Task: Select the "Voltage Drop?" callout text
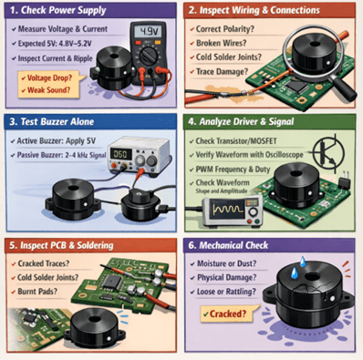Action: click(x=46, y=79)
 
